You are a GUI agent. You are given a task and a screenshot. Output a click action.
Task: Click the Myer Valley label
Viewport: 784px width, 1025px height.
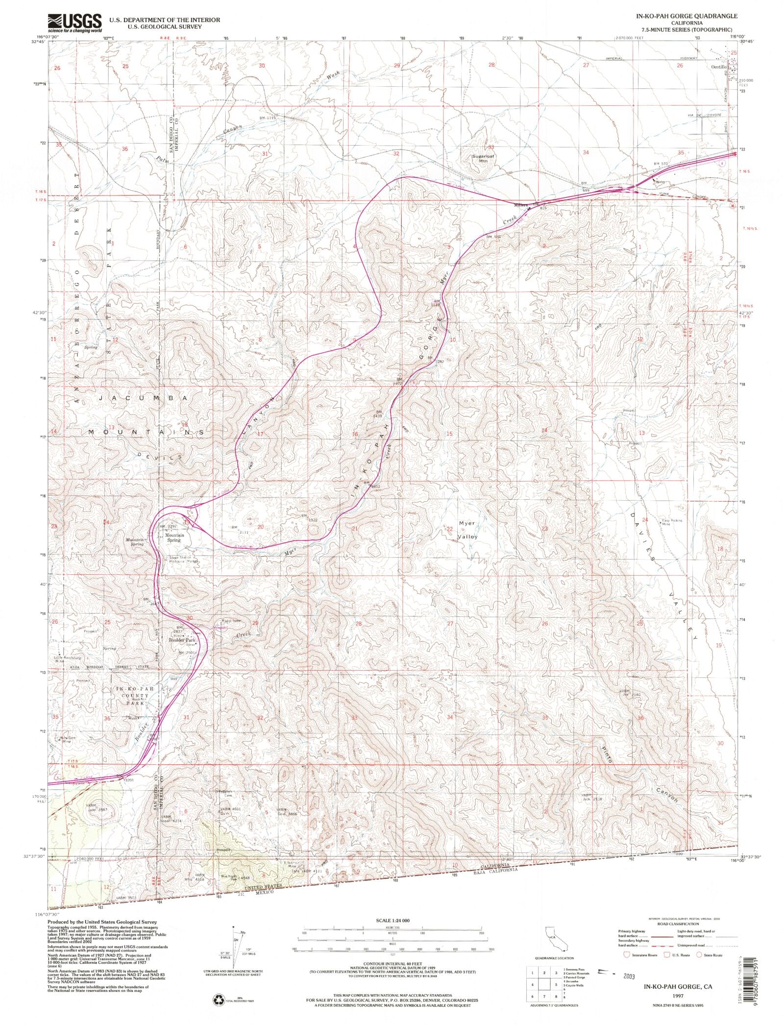click(x=467, y=530)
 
